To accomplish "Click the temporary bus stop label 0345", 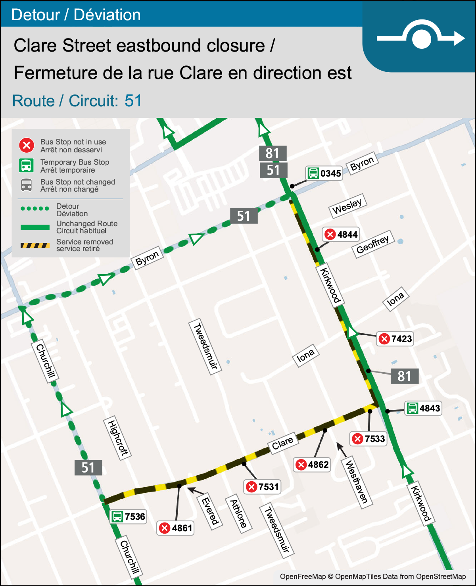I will tap(324, 173).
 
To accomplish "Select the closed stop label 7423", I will tap(395, 339).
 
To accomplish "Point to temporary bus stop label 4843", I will tap(423, 408).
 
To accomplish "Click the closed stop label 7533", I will tap(369, 439).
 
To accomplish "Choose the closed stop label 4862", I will tap(312, 465).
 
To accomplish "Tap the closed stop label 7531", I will tap(263, 487).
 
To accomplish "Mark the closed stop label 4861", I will tap(176, 528).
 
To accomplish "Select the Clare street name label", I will tap(282, 443).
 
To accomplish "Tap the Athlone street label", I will tap(239, 514).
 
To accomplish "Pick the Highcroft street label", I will tap(117, 438).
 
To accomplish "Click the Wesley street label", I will tap(347, 206).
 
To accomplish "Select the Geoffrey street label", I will tap(372, 244).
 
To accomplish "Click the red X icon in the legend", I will tap(27, 146).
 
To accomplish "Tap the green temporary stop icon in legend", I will tap(27, 165).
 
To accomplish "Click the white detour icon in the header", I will tap(421, 38).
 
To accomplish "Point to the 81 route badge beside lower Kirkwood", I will tap(404, 376).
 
